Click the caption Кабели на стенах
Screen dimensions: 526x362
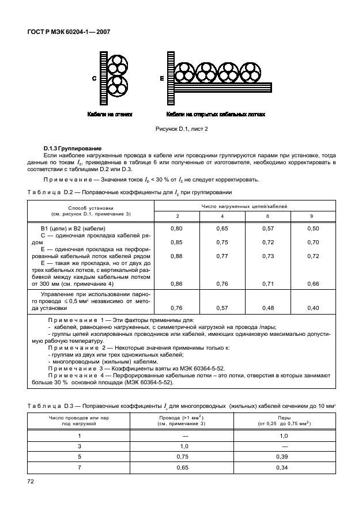(x=110, y=115)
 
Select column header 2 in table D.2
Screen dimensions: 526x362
(x=177, y=215)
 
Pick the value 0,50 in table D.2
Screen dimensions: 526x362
(x=313, y=229)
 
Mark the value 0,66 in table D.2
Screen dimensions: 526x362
(x=313, y=283)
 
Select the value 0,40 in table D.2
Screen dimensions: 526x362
(x=313, y=308)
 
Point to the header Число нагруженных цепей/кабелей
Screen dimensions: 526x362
(x=244, y=205)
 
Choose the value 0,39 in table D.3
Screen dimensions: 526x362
(x=284, y=457)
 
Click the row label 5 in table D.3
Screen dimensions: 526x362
(x=80, y=457)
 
